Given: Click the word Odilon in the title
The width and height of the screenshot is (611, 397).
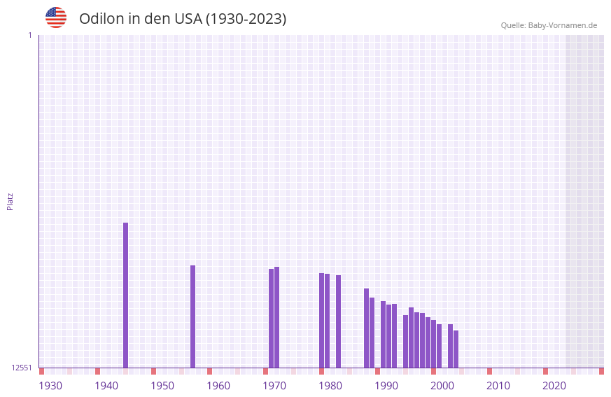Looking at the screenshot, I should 101,19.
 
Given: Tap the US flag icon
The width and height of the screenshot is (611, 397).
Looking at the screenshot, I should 56,18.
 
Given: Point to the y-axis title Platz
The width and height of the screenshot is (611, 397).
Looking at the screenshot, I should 10,201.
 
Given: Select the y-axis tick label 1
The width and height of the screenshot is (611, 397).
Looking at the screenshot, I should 29,35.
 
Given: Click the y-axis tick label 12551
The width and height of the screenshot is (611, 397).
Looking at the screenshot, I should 22,368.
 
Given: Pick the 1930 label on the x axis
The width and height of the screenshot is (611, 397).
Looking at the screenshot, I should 50,385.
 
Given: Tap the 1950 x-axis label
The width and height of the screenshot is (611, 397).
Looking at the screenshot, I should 162,385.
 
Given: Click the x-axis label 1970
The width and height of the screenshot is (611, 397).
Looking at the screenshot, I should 274,385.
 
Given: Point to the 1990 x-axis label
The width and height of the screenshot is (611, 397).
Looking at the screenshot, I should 386,385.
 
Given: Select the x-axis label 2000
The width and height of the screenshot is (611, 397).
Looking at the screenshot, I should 442,385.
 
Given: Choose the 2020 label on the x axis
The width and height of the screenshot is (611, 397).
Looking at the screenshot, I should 554,385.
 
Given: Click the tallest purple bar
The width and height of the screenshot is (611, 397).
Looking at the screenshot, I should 126,294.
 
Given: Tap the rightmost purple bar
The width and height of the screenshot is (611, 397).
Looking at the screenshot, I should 456,349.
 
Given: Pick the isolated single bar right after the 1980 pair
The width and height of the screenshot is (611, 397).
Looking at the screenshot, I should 339,321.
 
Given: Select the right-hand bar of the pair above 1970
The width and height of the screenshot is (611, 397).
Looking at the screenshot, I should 277,316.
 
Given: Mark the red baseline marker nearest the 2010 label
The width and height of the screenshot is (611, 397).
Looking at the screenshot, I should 490,371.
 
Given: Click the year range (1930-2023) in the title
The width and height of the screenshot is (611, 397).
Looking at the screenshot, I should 246,19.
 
